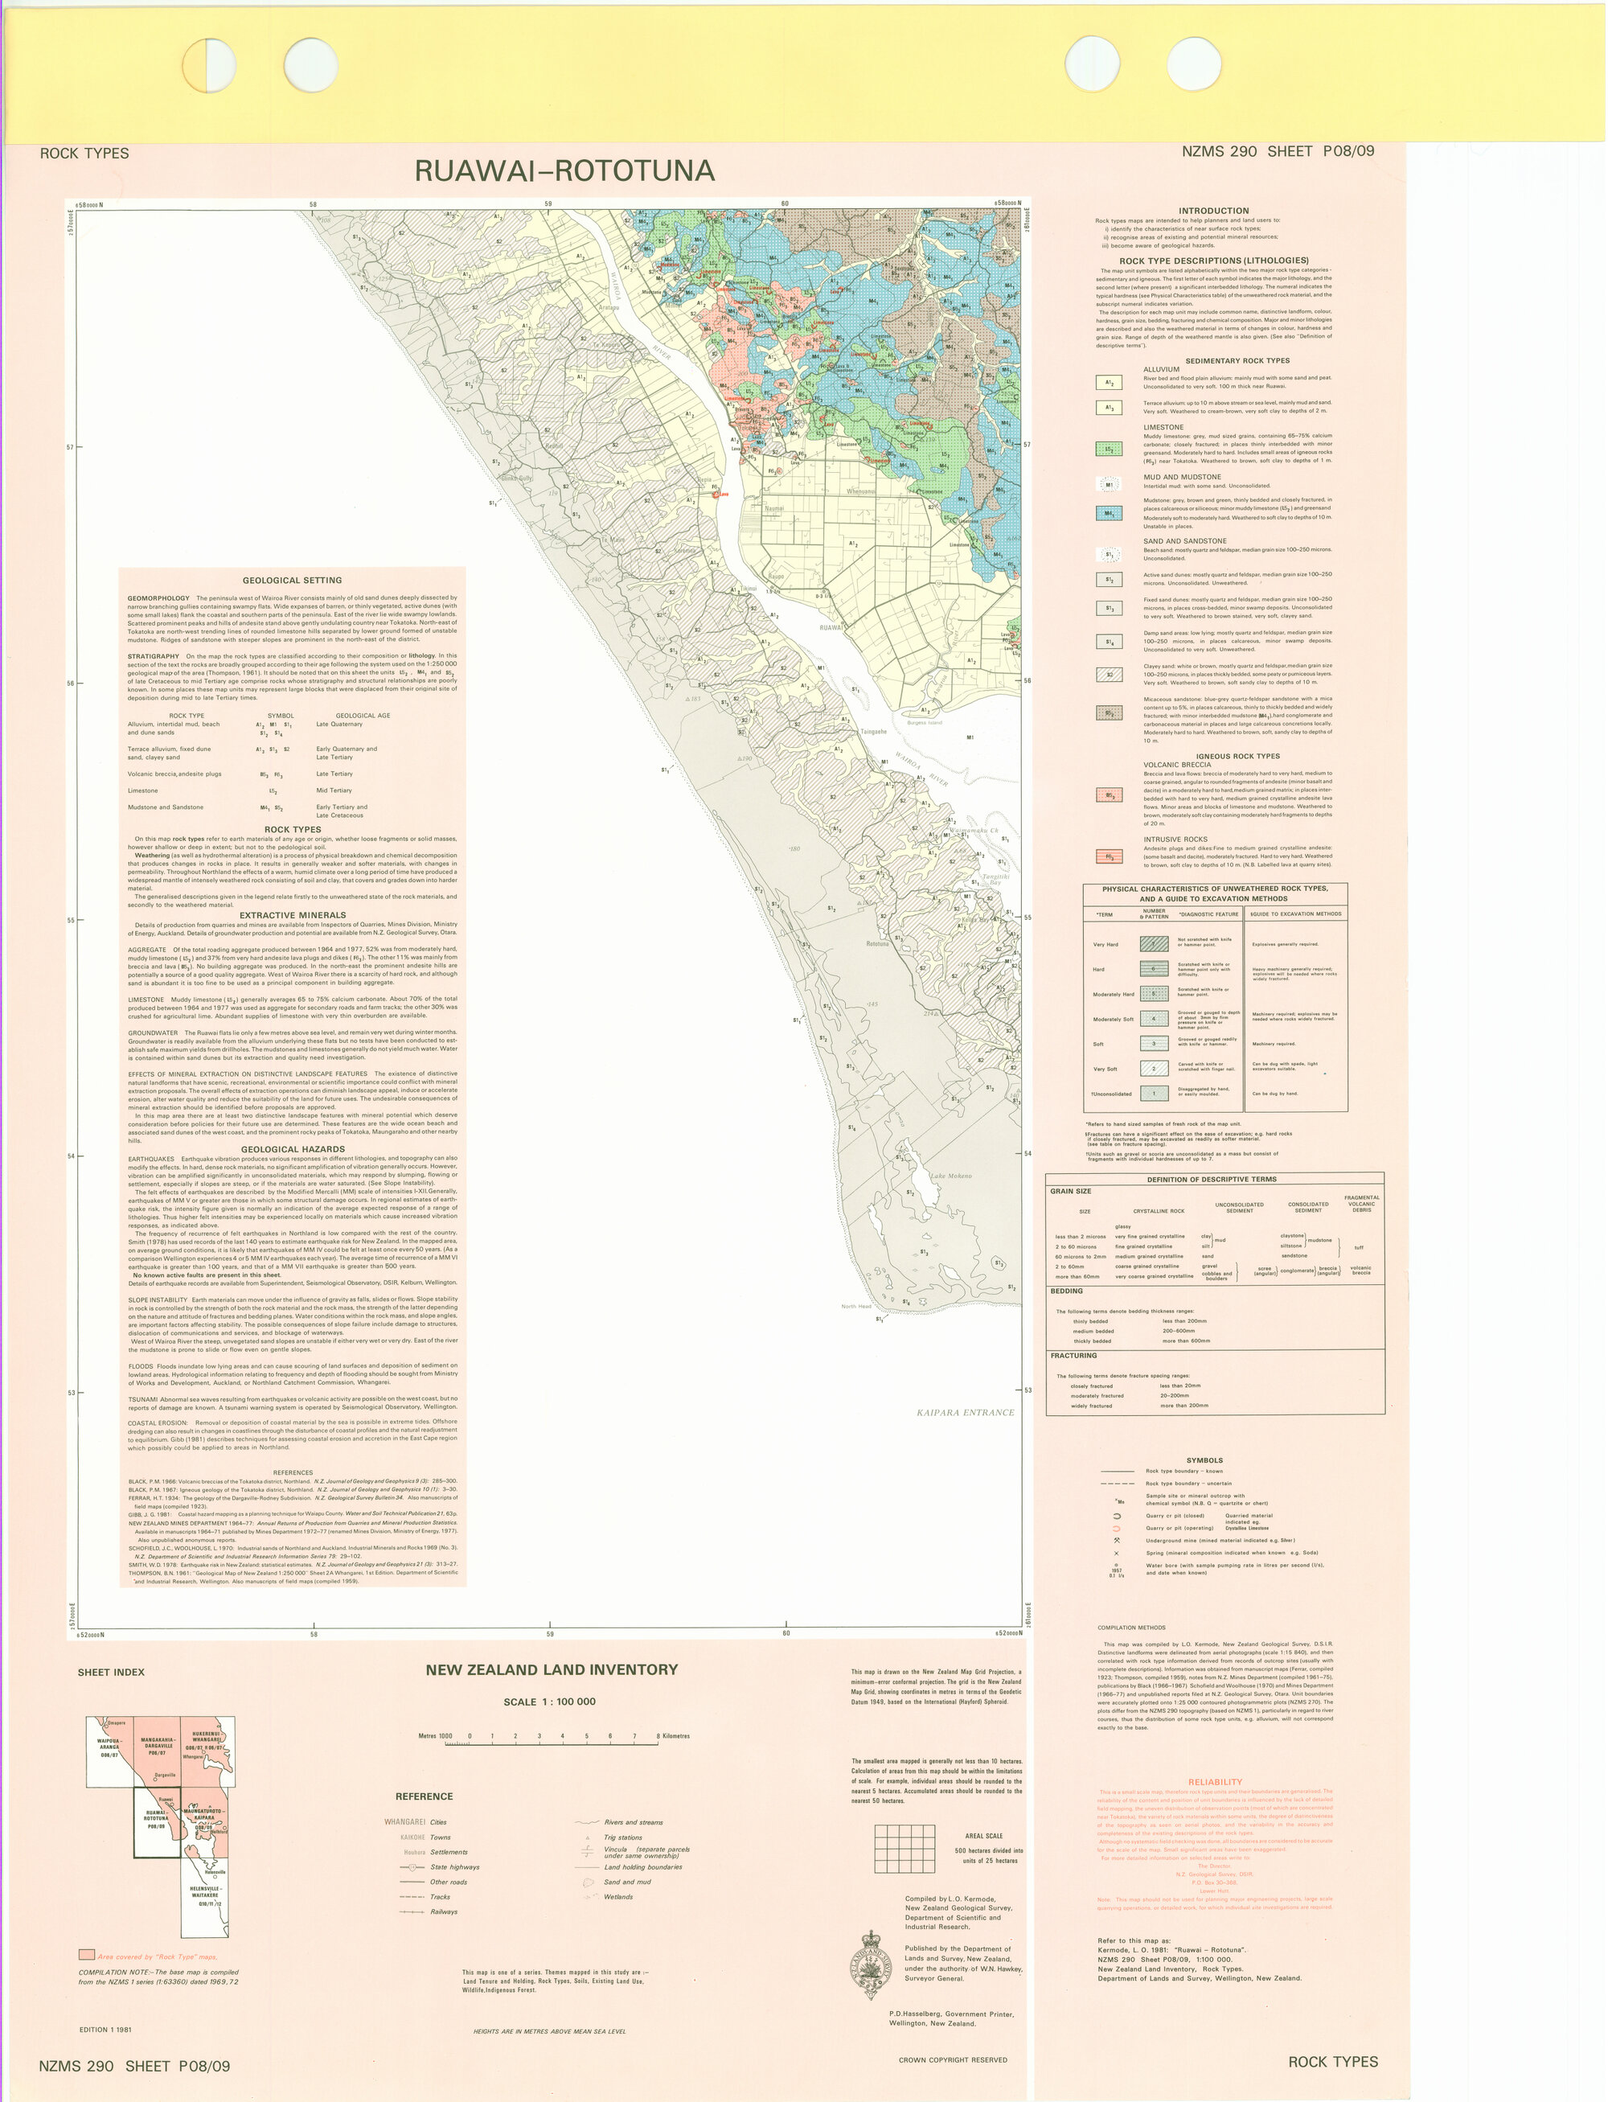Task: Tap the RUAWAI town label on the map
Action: (x=831, y=628)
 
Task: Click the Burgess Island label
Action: (x=924, y=723)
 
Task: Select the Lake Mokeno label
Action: (x=950, y=1176)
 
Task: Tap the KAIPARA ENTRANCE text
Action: (x=965, y=1412)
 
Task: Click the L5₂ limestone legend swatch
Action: (x=1109, y=450)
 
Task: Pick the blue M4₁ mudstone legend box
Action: (x=1109, y=513)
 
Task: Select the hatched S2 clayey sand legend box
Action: (x=1109, y=675)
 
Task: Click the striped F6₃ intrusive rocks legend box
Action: (x=1109, y=856)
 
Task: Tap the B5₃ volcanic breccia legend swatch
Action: (x=1109, y=795)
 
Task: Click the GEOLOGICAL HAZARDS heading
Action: (x=292, y=1148)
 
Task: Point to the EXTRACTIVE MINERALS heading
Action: (x=292, y=915)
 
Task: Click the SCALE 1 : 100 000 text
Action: (x=549, y=1702)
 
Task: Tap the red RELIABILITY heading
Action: (x=1215, y=1782)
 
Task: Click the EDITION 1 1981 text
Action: (x=105, y=2030)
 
